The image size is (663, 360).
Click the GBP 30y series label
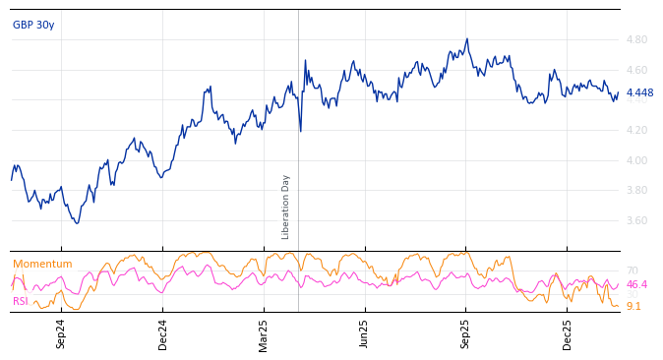pos(33,25)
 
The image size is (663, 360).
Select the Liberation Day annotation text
pos(286,207)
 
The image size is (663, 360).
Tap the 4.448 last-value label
pos(639,93)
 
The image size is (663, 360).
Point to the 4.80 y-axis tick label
pos(636,40)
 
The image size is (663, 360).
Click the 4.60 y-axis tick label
pos(636,70)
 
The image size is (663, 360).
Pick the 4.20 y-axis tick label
pos(636,130)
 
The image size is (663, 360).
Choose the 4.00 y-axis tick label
pos(636,160)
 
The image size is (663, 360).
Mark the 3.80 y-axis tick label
pos(636,191)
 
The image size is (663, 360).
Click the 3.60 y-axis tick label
pos(636,220)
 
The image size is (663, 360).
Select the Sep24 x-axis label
pos(61,333)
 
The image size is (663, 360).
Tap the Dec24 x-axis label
pos(163,333)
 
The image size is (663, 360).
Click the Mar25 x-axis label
pos(264,333)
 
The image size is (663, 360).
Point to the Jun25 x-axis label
pos(365,333)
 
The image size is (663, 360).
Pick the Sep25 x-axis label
pos(466,333)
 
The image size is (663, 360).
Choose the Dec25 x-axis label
pos(568,333)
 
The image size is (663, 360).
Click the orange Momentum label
pos(42,264)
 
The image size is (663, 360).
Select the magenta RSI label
pos(21,301)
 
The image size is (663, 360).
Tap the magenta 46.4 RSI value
pos(636,284)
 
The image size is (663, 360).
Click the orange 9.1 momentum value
pos(633,306)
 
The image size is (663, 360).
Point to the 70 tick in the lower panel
pos(632,270)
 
